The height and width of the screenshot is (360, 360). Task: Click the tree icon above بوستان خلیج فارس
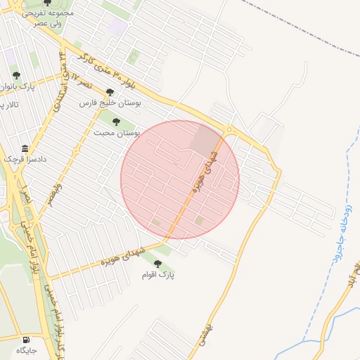click(x=109, y=91)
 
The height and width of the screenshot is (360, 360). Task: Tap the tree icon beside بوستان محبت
click(x=116, y=122)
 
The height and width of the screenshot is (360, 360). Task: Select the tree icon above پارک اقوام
click(x=157, y=264)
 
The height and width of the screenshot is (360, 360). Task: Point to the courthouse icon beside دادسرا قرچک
click(x=25, y=148)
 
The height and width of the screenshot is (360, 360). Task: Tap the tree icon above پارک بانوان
click(x=16, y=76)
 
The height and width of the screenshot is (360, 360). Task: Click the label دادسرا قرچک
click(x=25, y=160)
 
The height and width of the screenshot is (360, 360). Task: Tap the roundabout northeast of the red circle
click(x=229, y=129)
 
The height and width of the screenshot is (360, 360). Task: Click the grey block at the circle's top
click(x=205, y=141)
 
